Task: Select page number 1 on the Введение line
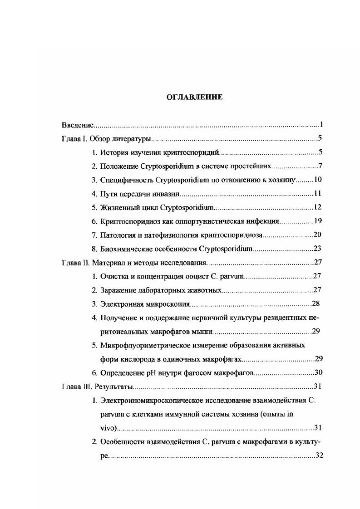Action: coord(321,124)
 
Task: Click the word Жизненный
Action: coord(118,208)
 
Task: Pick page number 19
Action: coord(317,221)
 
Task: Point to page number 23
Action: coord(317,249)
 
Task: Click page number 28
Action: coord(316,304)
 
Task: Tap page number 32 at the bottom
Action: coord(319,455)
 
